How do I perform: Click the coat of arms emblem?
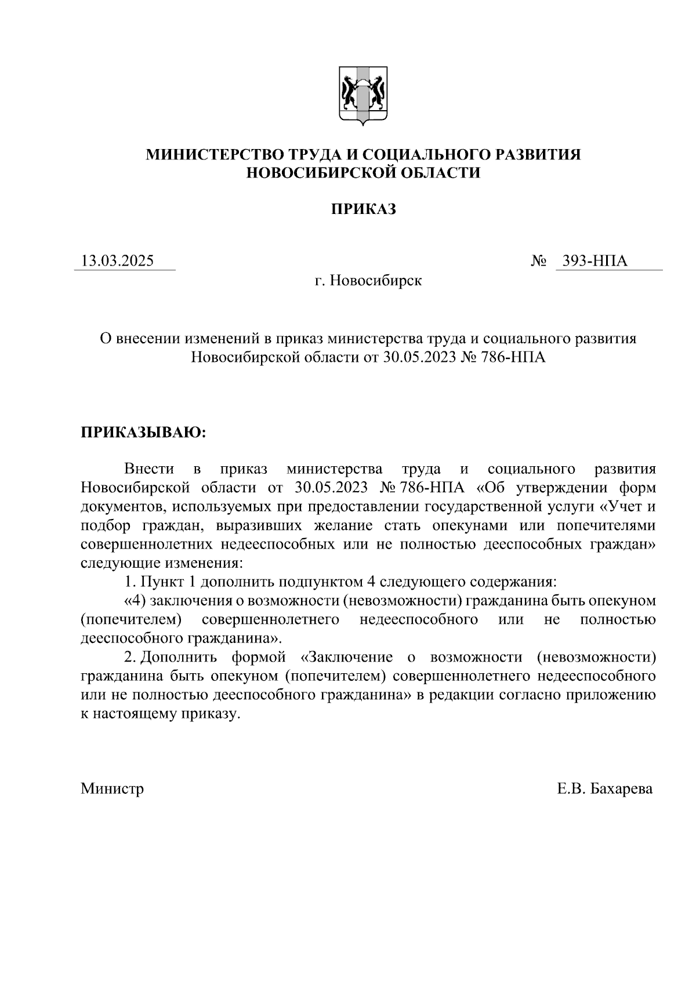[x=363, y=96]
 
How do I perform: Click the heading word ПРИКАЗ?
[x=363, y=209]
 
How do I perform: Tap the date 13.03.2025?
[x=118, y=261]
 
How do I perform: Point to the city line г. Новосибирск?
[x=368, y=281]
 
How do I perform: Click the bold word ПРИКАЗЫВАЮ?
[x=143, y=433]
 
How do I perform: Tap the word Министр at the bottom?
[x=113, y=789]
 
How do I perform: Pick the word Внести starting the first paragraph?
[x=149, y=469]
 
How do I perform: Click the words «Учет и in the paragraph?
[x=627, y=506]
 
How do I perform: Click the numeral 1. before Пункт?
[x=130, y=582]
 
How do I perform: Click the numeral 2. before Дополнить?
[x=130, y=658]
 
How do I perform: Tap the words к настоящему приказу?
[x=160, y=714]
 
